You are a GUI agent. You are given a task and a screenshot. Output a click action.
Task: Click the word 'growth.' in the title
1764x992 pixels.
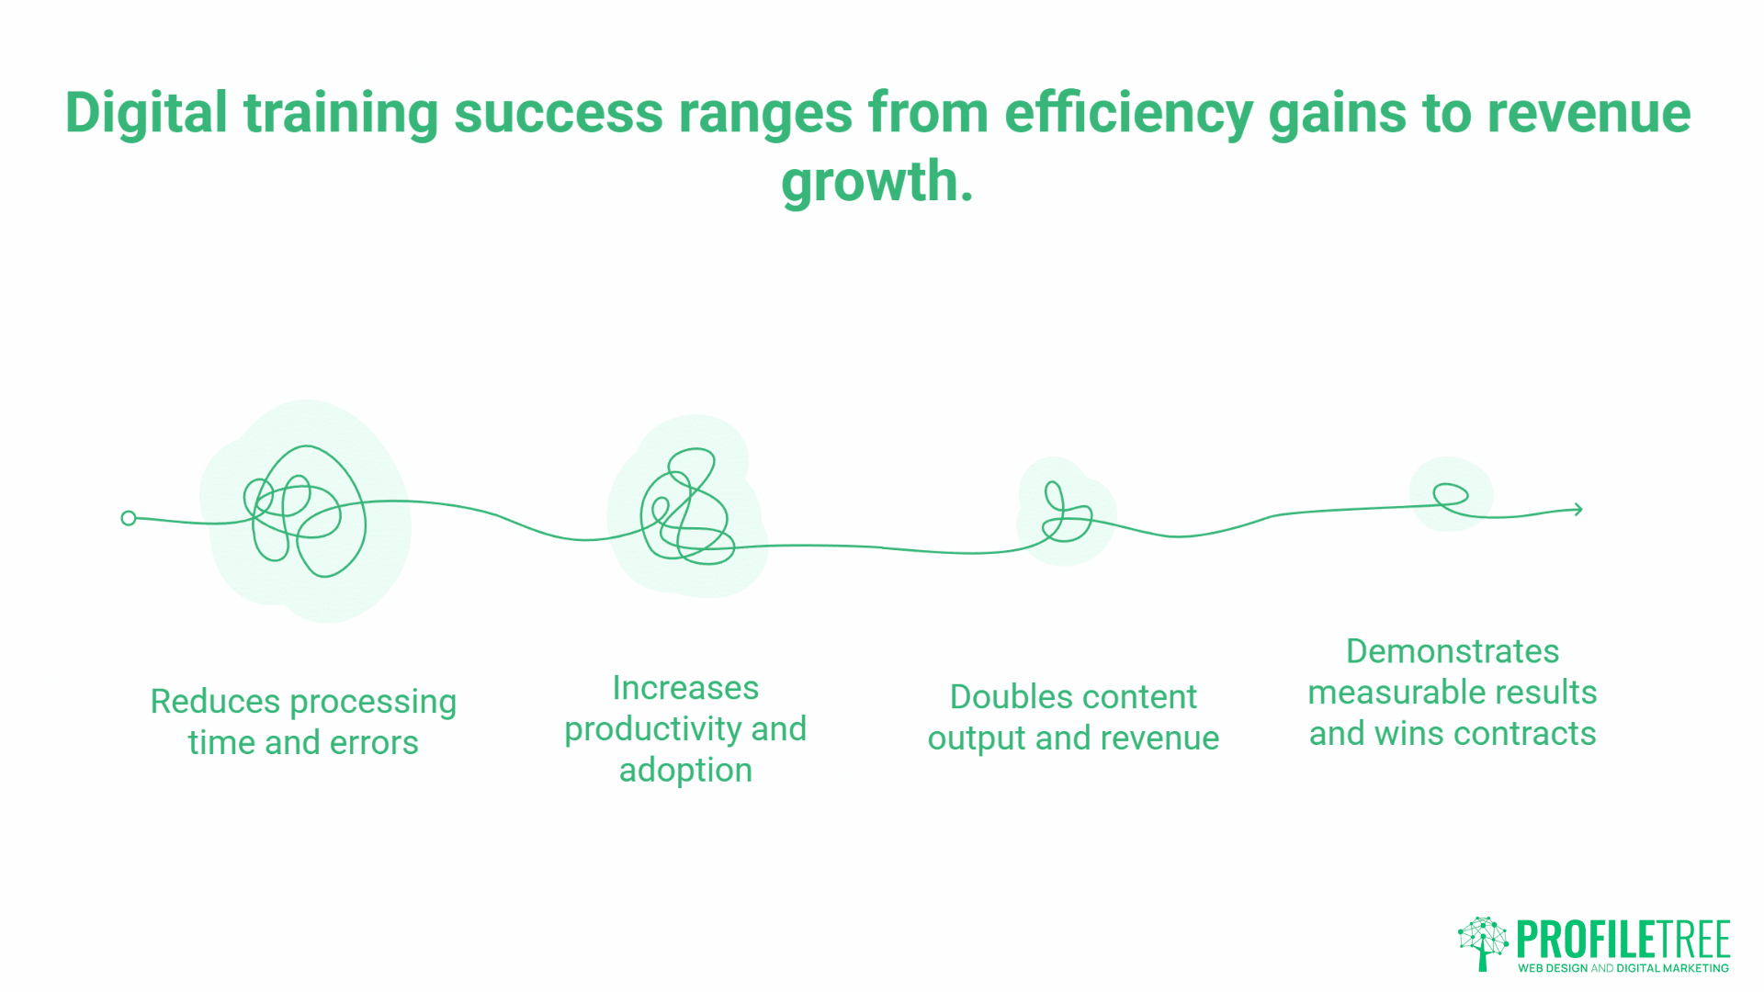coord(876,182)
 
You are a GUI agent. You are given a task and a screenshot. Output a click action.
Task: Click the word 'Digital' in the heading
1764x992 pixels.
coord(146,114)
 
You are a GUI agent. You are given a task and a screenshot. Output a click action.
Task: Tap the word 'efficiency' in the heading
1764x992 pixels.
coord(1128,114)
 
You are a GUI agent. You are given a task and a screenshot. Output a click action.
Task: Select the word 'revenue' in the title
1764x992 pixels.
coord(1589,114)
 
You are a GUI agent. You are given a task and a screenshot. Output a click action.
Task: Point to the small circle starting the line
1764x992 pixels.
coord(129,518)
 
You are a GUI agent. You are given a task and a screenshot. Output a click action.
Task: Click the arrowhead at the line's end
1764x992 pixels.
coord(1577,509)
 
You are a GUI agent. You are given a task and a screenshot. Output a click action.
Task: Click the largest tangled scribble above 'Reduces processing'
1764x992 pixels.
coord(305,512)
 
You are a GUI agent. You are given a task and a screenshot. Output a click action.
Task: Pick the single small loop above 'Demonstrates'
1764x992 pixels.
coord(1451,495)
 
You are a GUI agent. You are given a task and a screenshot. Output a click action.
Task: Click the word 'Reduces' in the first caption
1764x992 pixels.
coord(215,702)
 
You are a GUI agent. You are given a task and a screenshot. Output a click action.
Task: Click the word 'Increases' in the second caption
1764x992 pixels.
coord(685,688)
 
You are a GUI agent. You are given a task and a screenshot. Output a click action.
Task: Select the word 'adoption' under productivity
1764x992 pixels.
coord(685,770)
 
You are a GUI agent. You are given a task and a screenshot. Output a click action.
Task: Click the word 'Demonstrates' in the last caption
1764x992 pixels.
coord(1452,651)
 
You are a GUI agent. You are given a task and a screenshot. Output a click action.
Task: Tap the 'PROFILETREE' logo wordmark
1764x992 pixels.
coord(1623,940)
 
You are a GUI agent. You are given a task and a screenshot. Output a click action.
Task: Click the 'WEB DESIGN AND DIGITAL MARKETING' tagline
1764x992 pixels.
coord(1623,968)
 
